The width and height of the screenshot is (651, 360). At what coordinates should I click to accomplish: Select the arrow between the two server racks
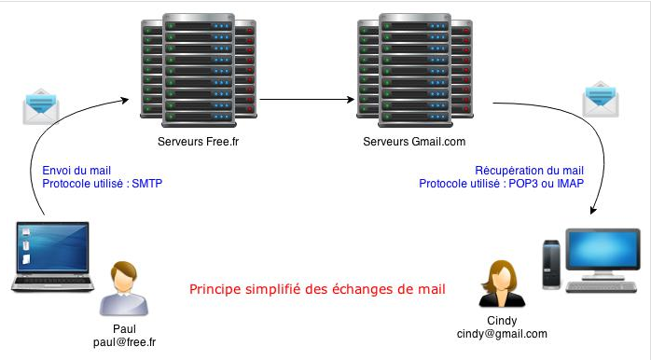coord(308,97)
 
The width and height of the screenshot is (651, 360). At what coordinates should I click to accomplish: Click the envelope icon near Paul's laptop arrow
coord(41,107)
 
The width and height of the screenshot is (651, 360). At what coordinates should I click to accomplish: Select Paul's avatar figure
coord(127,290)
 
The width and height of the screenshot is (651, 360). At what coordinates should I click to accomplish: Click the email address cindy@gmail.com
coord(502,333)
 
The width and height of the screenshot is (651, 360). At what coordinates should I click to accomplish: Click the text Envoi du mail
coord(76,171)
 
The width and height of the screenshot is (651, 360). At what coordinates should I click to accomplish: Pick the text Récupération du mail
coord(529,171)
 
